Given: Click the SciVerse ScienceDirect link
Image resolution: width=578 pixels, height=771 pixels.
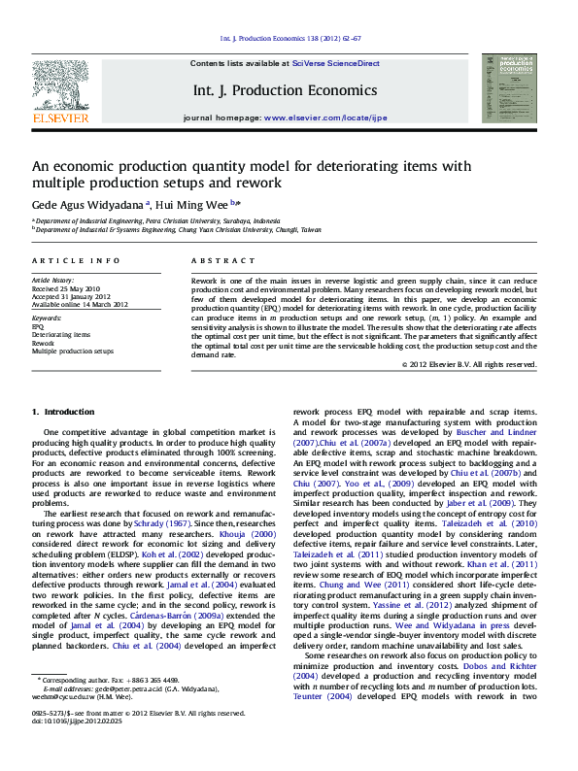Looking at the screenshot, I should [x=335, y=63].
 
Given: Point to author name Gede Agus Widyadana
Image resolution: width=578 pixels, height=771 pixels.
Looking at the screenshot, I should [x=87, y=205].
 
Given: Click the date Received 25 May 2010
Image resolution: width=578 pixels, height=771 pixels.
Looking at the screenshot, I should [x=66, y=288].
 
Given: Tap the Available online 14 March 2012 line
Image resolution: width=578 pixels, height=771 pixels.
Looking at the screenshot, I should [x=80, y=304].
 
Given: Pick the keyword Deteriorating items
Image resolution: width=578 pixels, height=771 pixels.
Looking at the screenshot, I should [x=61, y=335].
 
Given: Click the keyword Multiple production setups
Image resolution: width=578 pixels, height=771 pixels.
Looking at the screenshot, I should [x=73, y=351].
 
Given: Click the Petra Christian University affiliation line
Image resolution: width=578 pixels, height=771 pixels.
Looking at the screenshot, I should [x=156, y=221].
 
